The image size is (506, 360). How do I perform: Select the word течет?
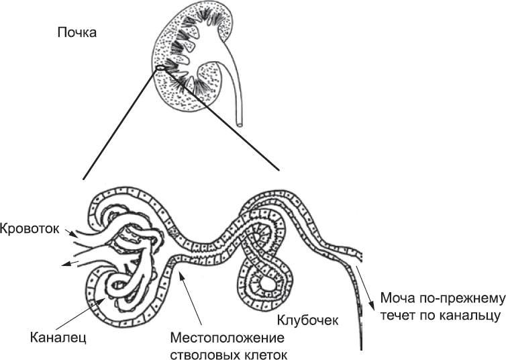click(x=397, y=314)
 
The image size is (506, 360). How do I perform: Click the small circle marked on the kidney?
click(x=160, y=67)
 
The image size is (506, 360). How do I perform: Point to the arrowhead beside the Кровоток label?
click(x=74, y=233)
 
